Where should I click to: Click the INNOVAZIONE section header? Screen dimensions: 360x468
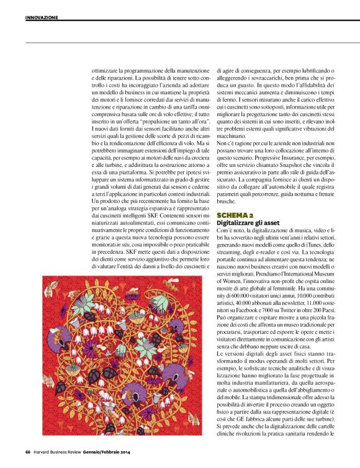coord(42,17)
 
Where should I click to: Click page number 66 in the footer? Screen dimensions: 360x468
coord(28,451)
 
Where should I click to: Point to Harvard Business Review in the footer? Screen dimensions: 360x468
coord(60,451)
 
